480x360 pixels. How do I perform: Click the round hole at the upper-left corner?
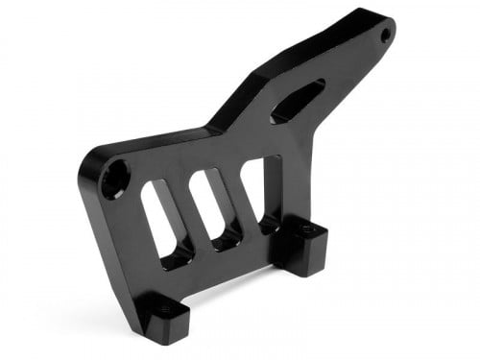(x=114, y=179)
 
